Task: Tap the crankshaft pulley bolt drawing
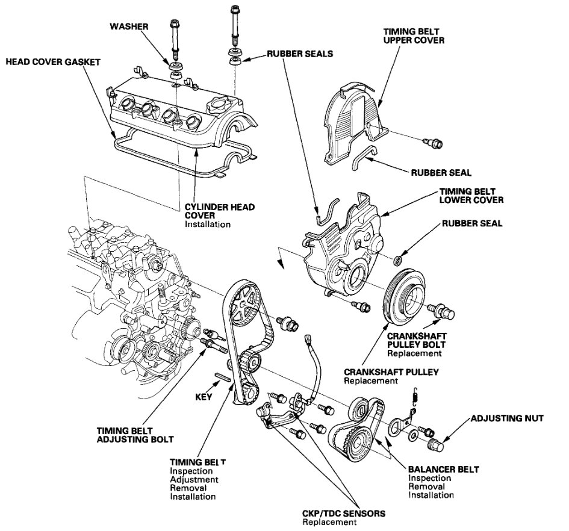[x=443, y=312]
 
